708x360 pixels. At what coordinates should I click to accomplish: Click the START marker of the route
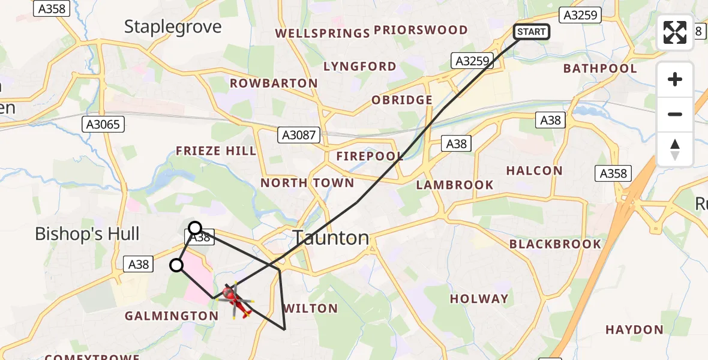(x=532, y=32)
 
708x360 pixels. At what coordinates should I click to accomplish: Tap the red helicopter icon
(x=235, y=299)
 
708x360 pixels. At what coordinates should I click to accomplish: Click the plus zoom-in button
(x=675, y=79)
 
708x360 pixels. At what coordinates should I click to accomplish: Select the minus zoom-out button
(x=675, y=114)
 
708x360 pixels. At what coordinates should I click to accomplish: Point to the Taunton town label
(x=331, y=238)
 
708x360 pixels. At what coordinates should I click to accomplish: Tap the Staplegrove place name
(x=173, y=26)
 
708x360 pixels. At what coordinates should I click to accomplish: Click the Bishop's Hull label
(x=87, y=234)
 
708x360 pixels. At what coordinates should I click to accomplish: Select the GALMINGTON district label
(x=172, y=316)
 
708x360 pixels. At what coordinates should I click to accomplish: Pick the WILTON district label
(x=310, y=308)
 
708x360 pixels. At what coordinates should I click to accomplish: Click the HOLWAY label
(x=479, y=299)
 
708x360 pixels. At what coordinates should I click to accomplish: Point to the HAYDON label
(x=634, y=329)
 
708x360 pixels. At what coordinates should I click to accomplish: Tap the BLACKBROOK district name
(x=555, y=244)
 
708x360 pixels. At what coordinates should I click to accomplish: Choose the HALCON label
(x=534, y=171)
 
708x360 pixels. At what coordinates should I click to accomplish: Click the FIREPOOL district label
(x=370, y=157)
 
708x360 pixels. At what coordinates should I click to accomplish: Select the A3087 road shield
(x=299, y=135)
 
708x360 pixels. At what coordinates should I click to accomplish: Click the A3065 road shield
(x=103, y=124)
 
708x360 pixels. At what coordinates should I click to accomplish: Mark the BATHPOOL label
(x=600, y=68)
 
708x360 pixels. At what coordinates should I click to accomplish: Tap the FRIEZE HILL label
(x=216, y=151)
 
